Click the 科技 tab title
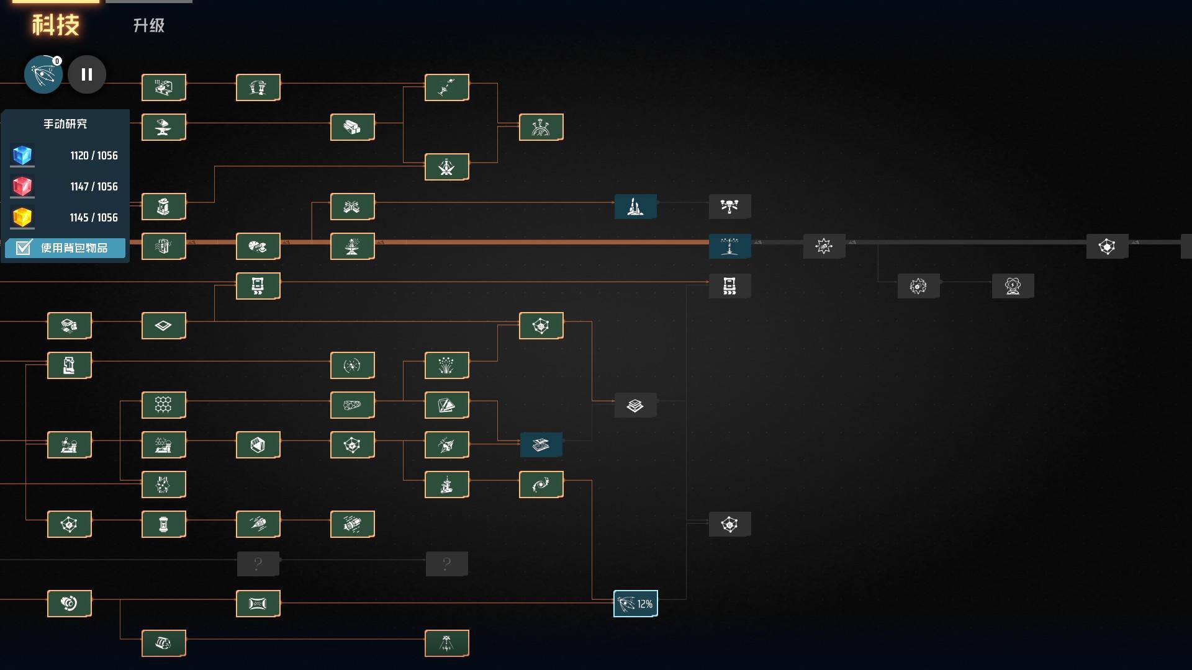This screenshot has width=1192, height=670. click(56, 25)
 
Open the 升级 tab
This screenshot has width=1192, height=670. click(149, 25)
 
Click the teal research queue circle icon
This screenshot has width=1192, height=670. click(43, 74)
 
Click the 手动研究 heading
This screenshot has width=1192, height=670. click(65, 124)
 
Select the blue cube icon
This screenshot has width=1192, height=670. click(22, 155)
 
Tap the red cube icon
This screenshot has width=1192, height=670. click(22, 186)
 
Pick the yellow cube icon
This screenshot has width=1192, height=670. click(22, 217)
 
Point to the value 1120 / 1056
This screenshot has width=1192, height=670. click(94, 156)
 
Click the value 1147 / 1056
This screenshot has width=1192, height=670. click(94, 187)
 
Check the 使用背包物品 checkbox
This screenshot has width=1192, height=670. click(24, 248)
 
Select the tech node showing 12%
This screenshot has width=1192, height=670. click(635, 604)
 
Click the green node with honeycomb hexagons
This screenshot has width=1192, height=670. click(163, 405)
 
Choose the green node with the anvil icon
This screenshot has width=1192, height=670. click(163, 127)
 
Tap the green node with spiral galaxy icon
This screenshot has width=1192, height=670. click(541, 485)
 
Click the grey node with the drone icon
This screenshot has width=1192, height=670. click(729, 207)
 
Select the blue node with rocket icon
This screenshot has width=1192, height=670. click(635, 207)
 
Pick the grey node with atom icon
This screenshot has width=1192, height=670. click(1013, 286)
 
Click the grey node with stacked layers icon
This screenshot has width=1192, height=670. click(635, 405)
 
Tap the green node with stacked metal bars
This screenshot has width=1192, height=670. click(352, 127)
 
